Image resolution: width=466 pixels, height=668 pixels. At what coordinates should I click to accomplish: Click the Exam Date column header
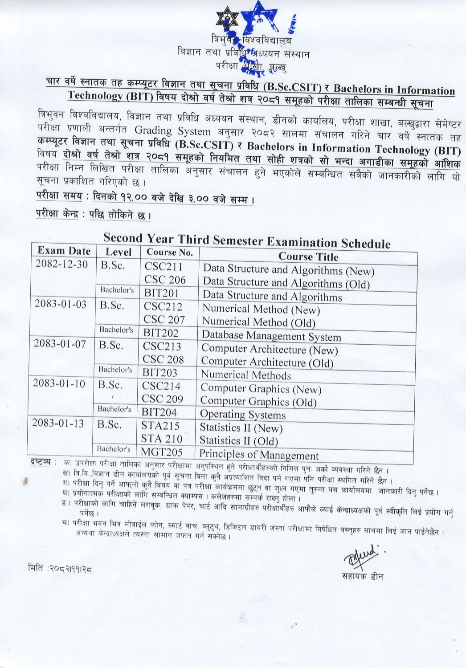tap(64, 251)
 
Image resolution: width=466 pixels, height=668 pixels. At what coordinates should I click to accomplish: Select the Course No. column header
tap(169, 253)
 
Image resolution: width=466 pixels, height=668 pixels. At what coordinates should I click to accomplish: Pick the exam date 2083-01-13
tap(58, 423)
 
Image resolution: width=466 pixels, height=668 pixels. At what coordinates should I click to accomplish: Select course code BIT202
tap(160, 333)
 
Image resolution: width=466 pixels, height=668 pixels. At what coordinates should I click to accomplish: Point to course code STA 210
tap(162, 439)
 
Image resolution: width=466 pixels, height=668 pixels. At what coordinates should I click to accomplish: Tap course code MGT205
tap(161, 452)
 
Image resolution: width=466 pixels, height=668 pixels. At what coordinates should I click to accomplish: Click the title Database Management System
tap(271, 337)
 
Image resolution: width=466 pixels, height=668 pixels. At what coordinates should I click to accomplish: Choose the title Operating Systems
tap(243, 415)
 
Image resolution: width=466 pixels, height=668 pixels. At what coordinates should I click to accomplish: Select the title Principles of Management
tap(259, 455)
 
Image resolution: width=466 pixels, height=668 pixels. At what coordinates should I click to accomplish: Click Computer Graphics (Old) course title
tap(258, 402)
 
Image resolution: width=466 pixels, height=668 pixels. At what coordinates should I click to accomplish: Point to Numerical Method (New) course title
tap(261, 310)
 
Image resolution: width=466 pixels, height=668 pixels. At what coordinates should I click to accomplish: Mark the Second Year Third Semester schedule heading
tap(247, 240)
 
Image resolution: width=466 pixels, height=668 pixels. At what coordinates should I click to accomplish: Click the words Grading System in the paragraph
tap(172, 131)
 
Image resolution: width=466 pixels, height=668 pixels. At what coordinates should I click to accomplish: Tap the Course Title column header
tap(308, 257)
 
